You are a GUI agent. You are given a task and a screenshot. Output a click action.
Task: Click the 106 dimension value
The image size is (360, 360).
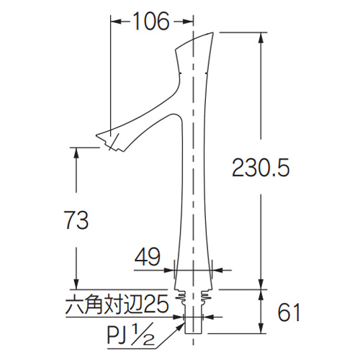pos(151,21)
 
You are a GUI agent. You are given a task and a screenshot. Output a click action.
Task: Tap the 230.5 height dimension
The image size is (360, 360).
pos(261,168)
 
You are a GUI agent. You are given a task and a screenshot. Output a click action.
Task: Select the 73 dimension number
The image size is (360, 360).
pos(77,220)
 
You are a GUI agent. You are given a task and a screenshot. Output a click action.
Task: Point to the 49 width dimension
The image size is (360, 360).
pos(147,257)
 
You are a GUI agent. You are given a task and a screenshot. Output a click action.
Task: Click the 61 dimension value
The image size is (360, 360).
pos(289,312)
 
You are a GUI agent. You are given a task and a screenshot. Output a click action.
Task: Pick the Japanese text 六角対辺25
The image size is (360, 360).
pos(117,305)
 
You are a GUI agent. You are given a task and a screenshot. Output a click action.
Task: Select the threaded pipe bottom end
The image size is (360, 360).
pos(193,333)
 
